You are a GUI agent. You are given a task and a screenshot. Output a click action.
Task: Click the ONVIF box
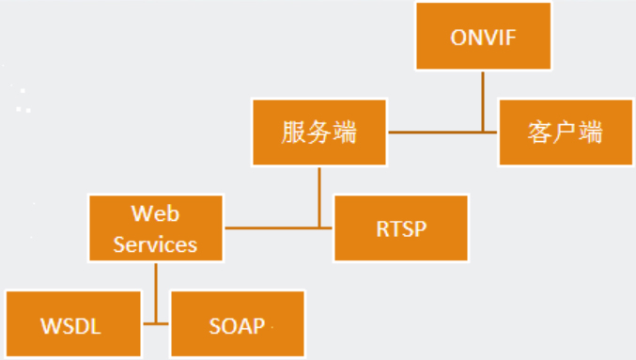pos(484,38)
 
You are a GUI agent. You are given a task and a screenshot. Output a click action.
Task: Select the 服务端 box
pos(319,133)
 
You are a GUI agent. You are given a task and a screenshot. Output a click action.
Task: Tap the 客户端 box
pos(565,133)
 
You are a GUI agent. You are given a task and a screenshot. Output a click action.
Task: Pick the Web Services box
pos(155,227)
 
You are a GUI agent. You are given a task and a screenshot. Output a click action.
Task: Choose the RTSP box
pos(400,227)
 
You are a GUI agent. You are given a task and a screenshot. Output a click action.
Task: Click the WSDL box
pos(70,324)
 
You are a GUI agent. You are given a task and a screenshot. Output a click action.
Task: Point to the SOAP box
pos(238,324)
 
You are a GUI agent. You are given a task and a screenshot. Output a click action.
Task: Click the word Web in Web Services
pos(155,213)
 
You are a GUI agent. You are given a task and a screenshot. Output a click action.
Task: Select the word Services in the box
pos(155,243)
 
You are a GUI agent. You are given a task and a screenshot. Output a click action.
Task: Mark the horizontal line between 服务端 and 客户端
pos(442,133)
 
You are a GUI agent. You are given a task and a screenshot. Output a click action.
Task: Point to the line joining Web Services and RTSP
pos(272,227)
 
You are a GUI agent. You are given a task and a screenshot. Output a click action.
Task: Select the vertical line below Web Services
pos(155,282)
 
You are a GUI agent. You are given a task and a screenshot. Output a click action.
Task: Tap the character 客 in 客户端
pos(540,133)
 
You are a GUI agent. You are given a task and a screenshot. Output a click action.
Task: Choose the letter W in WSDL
pos(49,325)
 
